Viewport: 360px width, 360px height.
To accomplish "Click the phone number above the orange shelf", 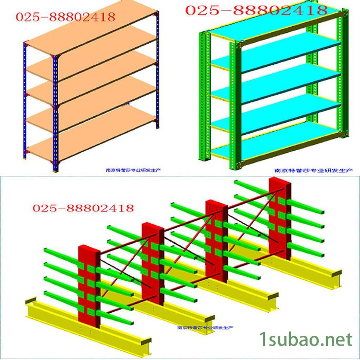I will pyautogui.click(x=65, y=17).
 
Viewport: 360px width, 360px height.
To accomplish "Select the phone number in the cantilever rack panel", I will pyautogui.click(x=83, y=208).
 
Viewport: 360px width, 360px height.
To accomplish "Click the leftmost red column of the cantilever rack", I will pyautogui.click(x=89, y=288).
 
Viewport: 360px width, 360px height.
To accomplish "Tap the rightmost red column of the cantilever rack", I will pyautogui.click(x=279, y=216).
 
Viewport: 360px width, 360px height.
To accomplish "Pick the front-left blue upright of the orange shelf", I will pyautogui.click(x=56, y=113).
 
